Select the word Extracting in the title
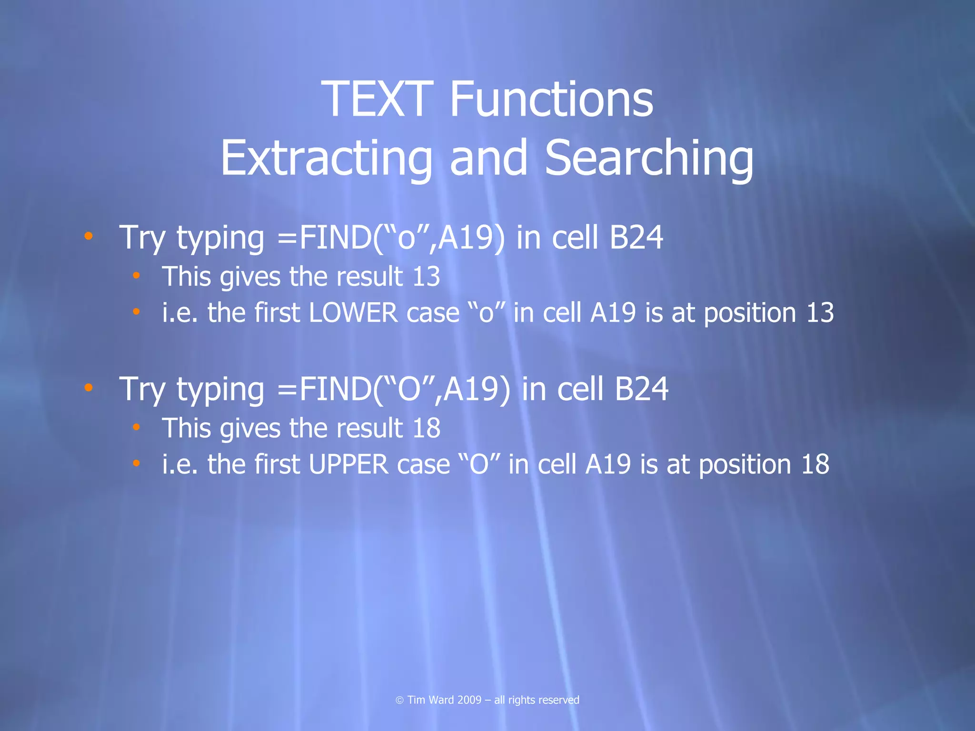[x=326, y=158]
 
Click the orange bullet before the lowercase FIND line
[x=89, y=236]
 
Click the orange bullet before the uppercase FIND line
[x=89, y=387]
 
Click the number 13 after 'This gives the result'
[x=426, y=277]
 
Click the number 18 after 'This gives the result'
[x=426, y=428]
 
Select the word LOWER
[x=353, y=313]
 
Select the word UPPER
[x=348, y=464]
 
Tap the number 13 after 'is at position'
[x=820, y=313]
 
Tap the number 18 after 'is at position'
[x=815, y=464]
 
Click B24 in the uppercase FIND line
[x=641, y=389]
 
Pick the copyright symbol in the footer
[x=400, y=700]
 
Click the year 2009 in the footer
[x=469, y=700]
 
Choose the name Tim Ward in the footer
[x=430, y=700]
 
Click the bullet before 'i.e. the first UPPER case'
[x=137, y=463]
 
